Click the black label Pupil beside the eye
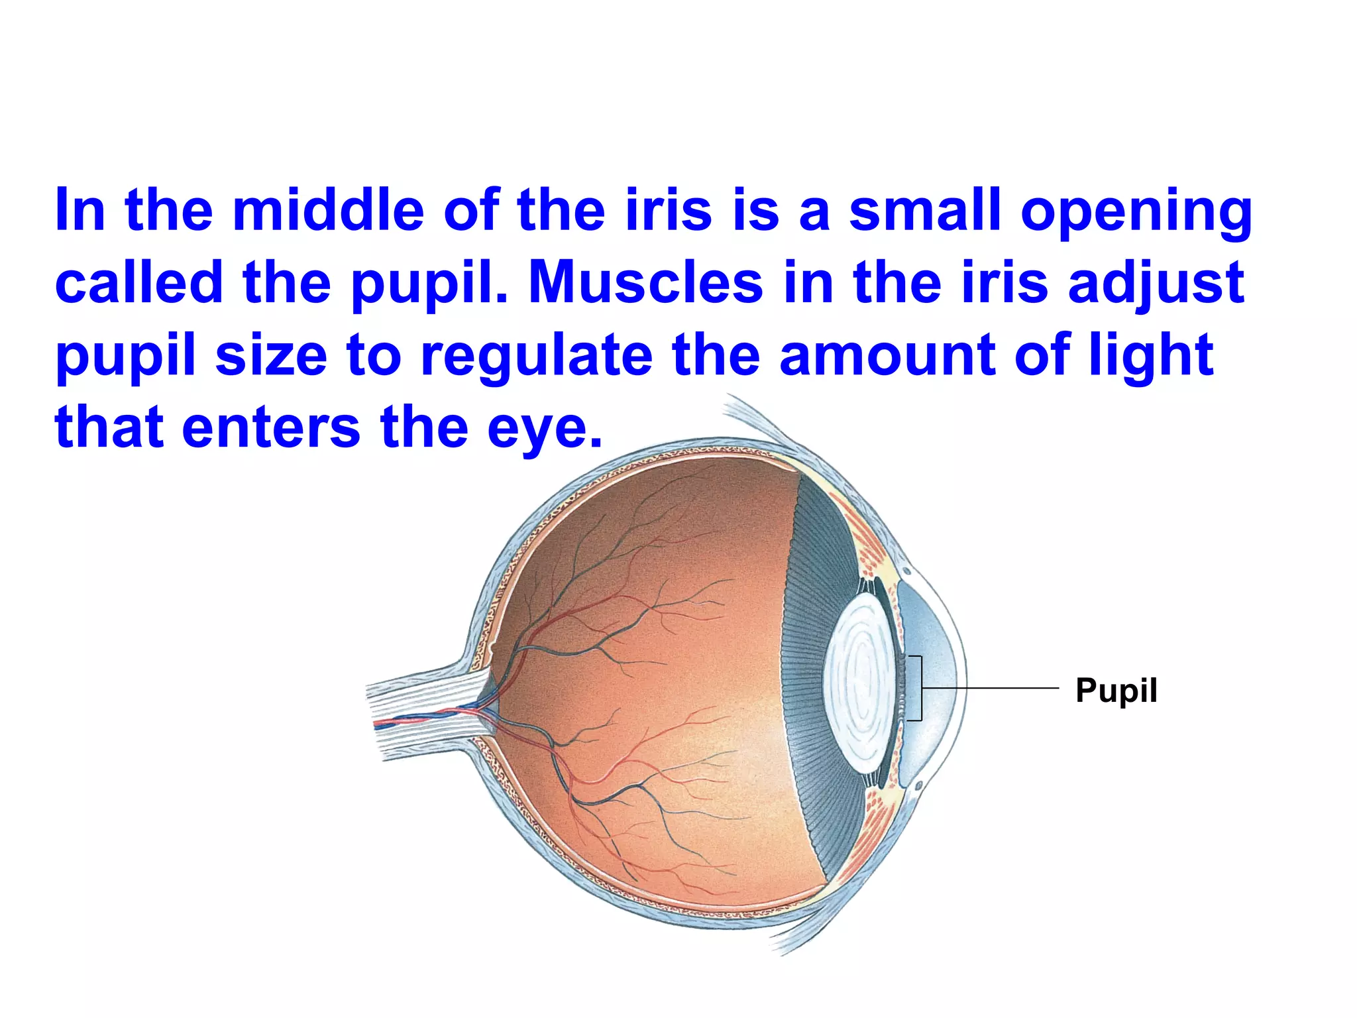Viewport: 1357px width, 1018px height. pyautogui.click(x=1116, y=691)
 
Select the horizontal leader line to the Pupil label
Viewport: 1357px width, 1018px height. pyautogui.click(x=991, y=689)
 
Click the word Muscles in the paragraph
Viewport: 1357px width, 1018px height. pyautogui.click(x=646, y=282)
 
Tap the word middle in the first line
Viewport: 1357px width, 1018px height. pyautogui.click(x=328, y=210)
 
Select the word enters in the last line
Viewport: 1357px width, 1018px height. pyautogui.click(x=271, y=427)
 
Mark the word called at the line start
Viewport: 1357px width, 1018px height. pyautogui.click(x=139, y=282)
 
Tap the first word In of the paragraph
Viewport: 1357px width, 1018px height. pyautogui.click(x=80, y=210)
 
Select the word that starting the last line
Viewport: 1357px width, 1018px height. pyautogui.click(x=109, y=427)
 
